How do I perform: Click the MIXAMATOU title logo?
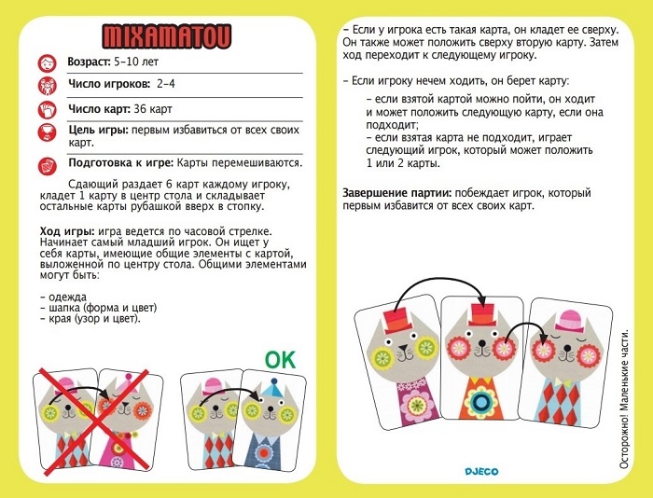[166, 36]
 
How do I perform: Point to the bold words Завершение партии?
[398, 193]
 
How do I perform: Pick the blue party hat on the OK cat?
[270, 386]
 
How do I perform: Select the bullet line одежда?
[66, 296]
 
